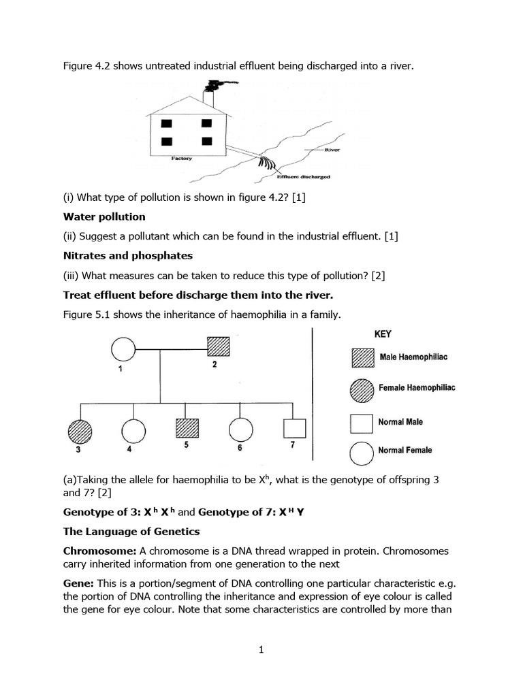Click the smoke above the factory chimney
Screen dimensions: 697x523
click(217, 86)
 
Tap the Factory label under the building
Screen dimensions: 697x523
click(181, 159)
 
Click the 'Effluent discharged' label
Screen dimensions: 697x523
click(304, 176)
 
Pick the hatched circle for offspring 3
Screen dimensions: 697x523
click(80, 431)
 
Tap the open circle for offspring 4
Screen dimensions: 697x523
click(133, 431)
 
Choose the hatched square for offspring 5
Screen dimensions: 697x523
click(187, 429)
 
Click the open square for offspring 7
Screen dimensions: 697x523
click(294, 429)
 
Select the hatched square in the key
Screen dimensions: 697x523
click(362, 359)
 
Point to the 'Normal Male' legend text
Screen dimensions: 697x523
click(400, 422)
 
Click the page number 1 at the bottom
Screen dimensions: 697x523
click(261, 650)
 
